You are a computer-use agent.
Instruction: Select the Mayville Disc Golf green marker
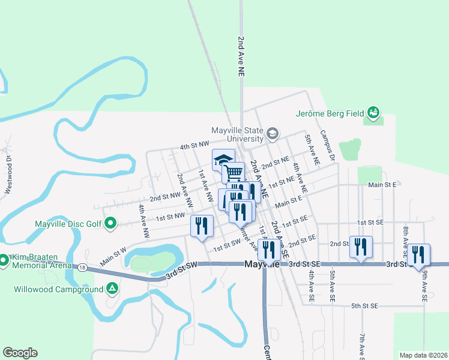(x=110, y=224)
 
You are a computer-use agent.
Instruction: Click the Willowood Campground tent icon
(x=112, y=289)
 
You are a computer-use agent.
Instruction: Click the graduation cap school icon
(x=223, y=160)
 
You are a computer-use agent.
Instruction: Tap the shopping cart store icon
(x=234, y=173)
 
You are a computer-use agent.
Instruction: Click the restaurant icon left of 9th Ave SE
(x=418, y=254)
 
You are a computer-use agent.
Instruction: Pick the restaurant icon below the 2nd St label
(x=361, y=247)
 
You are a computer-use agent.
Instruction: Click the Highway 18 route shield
(x=82, y=266)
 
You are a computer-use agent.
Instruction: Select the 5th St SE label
(x=364, y=306)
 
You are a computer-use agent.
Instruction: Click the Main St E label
(x=382, y=185)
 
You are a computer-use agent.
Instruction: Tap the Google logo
(x=20, y=353)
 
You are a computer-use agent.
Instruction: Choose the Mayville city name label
(x=263, y=265)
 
